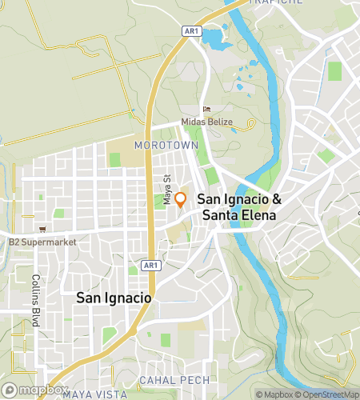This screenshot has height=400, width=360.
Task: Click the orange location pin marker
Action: (x=181, y=199)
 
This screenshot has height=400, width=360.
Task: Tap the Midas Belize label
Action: (x=207, y=122)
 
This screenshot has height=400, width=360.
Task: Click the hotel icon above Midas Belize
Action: (x=207, y=110)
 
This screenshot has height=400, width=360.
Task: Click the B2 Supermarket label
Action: (x=40, y=241)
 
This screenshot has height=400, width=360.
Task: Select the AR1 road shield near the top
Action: (x=190, y=31)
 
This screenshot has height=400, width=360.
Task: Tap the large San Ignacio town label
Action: (x=114, y=297)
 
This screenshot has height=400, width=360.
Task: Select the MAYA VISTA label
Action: (x=94, y=394)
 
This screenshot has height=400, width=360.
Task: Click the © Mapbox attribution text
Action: (x=274, y=394)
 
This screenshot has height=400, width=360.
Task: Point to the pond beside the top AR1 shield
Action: (x=214, y=36)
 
